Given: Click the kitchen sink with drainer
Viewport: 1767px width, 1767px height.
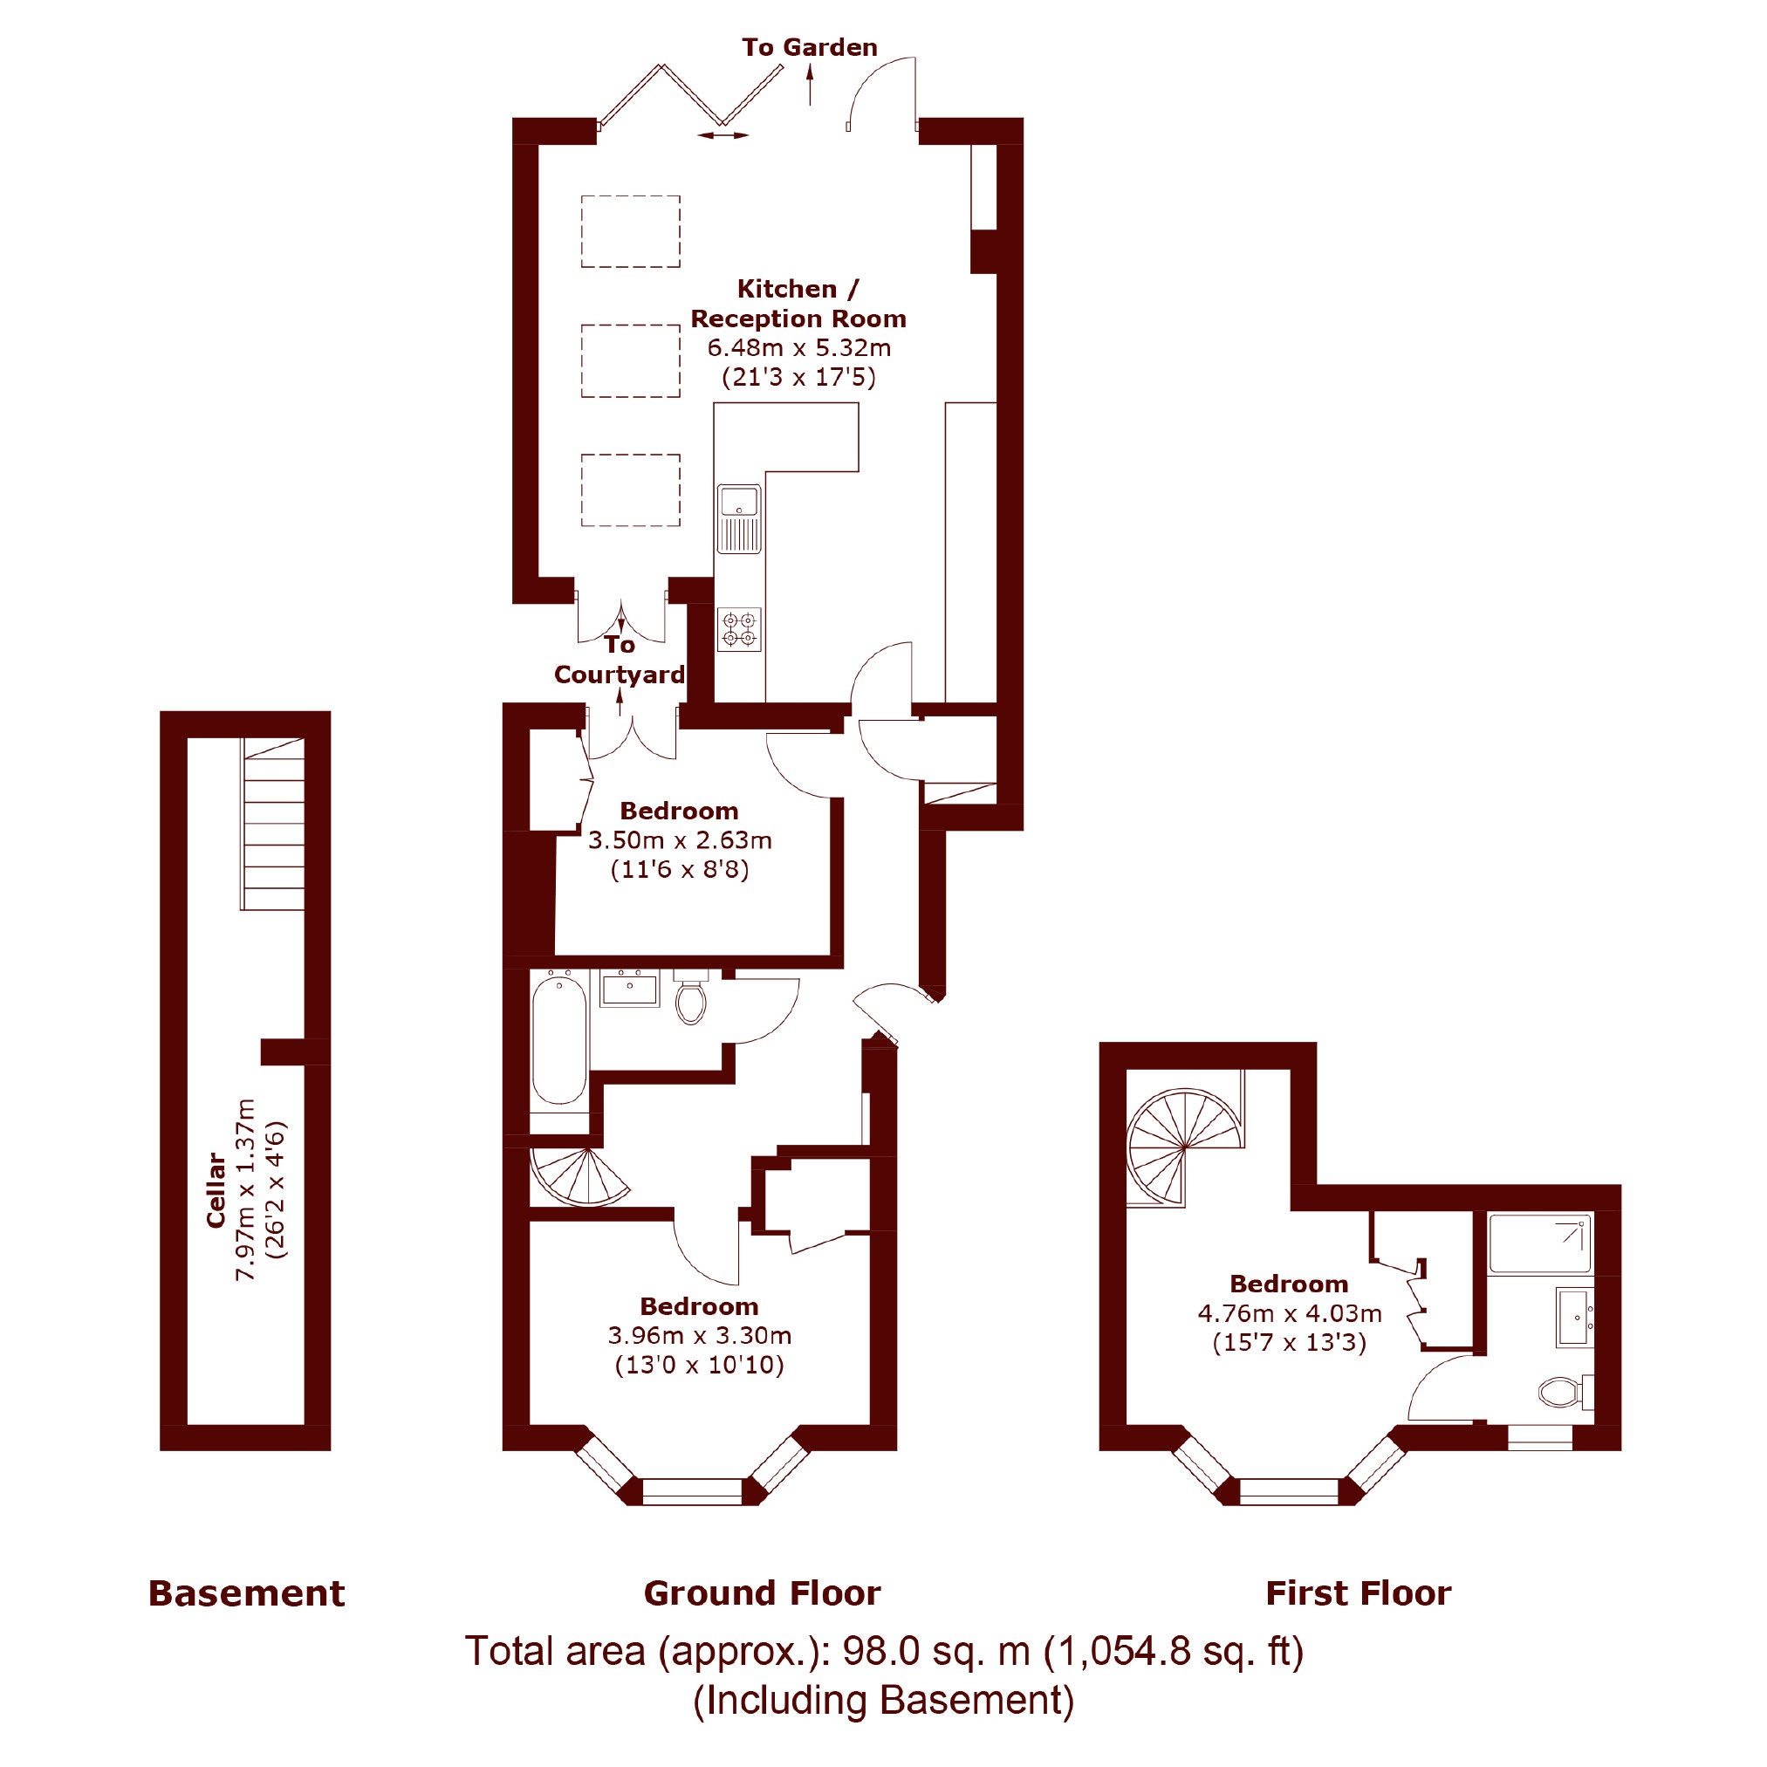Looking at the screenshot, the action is pos(739,519).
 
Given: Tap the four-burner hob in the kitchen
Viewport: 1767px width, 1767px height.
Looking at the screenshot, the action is pos(739,629).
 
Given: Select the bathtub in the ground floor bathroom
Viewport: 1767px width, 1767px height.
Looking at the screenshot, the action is pos(558,1040).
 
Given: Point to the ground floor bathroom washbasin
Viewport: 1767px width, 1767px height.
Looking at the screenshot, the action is pos(629,989).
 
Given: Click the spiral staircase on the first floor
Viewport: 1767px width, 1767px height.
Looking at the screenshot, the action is pos(1185,1147).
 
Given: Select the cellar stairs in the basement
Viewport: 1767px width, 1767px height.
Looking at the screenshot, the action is pos(272,824).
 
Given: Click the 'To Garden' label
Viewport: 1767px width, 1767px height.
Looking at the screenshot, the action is pos(810,48).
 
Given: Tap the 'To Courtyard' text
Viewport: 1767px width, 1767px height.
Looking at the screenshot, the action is pos(620,660).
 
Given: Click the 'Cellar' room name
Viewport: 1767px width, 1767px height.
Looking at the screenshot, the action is pos(216,1190).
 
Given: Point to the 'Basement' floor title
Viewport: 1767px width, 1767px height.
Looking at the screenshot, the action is pos(247,1594).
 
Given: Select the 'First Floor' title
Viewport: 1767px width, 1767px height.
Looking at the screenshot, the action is pos(1358,1594).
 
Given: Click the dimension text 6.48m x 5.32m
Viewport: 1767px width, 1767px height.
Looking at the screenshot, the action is pos(798,347).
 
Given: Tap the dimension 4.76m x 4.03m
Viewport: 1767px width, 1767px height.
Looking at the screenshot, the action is pos(1290,1313).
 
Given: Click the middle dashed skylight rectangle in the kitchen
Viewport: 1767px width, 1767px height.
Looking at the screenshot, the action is pos(630,360).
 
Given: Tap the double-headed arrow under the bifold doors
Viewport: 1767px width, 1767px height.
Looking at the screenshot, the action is pos(723,135).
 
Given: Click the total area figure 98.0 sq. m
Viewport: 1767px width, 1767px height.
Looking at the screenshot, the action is pos(935,1652).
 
